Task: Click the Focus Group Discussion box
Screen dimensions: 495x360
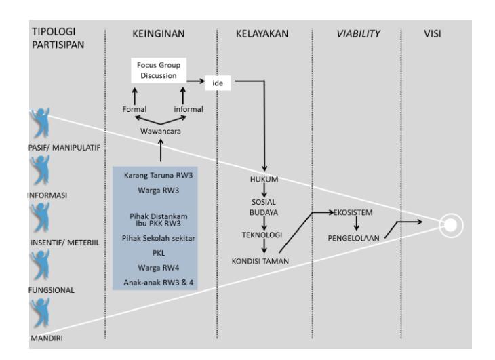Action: (x=159, y=71)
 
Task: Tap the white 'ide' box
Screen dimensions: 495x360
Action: (x=218, y=83)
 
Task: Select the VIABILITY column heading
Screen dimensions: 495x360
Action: (x=358, y=33)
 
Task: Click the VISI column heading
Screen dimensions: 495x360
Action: (x=433, y=33)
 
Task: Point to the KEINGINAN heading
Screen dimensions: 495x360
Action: (x=159, y=33)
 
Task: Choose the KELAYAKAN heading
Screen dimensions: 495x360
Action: (x=262, y=33)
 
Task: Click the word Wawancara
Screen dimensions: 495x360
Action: (x=161, y=131)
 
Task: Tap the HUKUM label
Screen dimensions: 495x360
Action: (x=264, y=179)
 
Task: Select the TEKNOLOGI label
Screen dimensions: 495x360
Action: (x=262, y=235)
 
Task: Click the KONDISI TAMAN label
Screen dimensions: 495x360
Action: (x=260, y=261)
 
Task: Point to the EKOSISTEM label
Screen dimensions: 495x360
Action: (x=353, y=212)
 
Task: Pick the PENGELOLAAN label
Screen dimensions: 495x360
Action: (x=353, y=238)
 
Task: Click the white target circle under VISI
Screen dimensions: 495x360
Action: (x=451, y=225)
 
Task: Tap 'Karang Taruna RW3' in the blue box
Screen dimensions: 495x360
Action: (x=158, y=175)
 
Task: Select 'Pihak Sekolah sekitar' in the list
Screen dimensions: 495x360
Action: (x=159, y=238)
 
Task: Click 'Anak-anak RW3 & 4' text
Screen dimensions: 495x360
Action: (x=159, y=283)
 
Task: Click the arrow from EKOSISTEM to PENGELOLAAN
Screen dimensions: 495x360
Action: (x=357, y=223)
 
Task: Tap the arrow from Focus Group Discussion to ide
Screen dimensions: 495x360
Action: (x=195, y=81)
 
